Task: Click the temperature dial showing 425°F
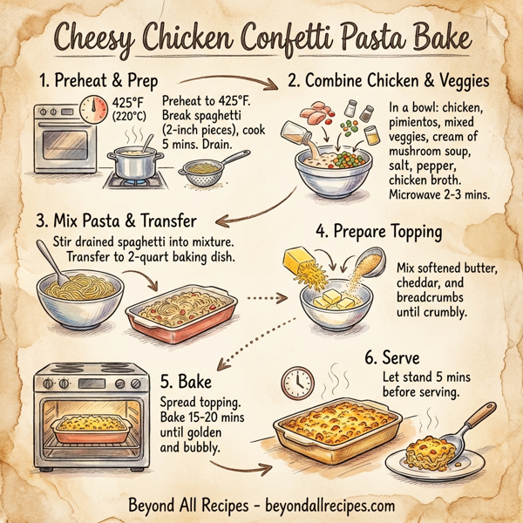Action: point(93,109)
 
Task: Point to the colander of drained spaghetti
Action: point(206,169)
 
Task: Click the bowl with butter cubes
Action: point(336,305)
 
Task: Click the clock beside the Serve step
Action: point(298,381)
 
